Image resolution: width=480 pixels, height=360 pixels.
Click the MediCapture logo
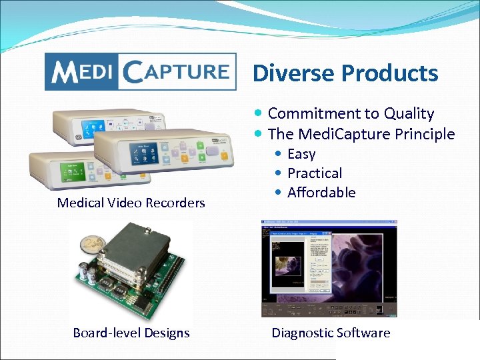140,71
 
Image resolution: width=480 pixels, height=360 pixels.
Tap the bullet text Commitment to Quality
350,114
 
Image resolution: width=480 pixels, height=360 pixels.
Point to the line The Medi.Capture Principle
361,134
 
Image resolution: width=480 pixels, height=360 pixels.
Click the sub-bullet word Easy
301,154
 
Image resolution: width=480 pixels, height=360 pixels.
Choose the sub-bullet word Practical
314,173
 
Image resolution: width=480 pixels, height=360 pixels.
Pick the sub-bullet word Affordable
321,193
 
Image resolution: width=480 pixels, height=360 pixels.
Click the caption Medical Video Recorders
131,203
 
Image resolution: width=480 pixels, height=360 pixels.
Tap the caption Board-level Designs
131,333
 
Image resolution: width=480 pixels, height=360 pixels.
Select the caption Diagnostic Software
330,333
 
